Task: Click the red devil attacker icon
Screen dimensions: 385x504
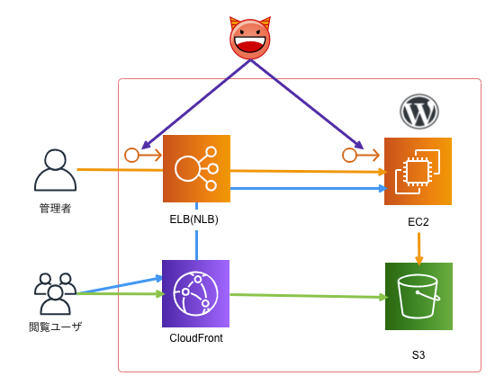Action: point(250,38)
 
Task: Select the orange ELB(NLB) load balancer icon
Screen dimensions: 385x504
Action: point(196,168)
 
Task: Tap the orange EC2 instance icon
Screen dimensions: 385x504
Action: point(418,171)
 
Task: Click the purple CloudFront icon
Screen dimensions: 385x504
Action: point(195,293)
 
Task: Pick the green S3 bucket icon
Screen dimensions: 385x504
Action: point(418,296)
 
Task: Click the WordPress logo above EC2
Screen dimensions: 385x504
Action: point(418,112)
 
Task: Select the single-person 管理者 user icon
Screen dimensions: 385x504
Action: point(55,171)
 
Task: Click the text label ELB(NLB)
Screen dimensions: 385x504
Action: point(193,219)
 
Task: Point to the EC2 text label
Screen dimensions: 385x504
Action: point(418,221)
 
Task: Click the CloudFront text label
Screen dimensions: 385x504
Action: point(195,338)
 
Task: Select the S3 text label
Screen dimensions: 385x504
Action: point(418,355)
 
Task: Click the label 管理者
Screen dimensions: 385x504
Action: point(55,208)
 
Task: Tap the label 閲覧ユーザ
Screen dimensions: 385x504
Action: point(55,327)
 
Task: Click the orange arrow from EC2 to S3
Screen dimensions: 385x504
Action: point(418,246)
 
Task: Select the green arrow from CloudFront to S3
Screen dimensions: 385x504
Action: point(306,295)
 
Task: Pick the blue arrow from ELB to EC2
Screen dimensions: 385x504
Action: point(306,188)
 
